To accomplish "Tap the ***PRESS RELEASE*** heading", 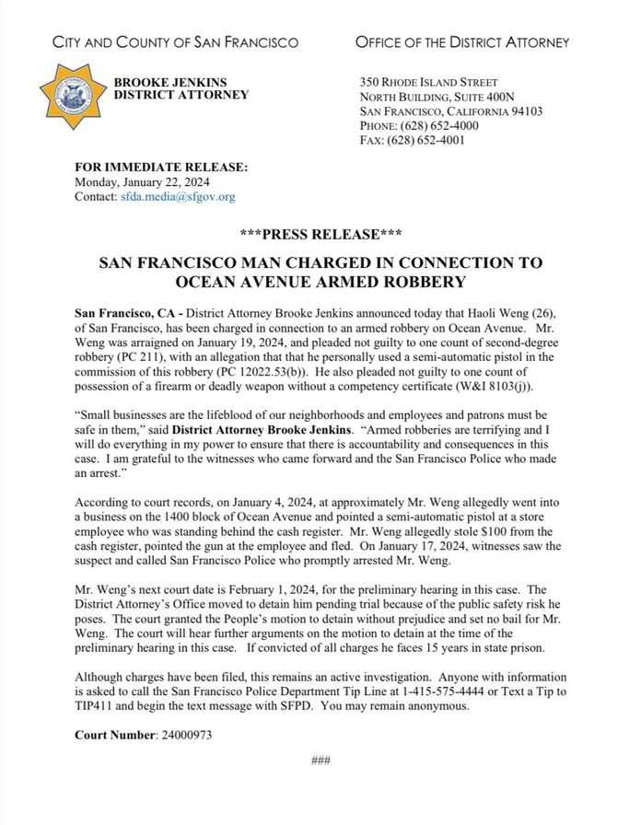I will [x=320, y=234].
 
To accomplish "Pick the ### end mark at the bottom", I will [x=320, y=760].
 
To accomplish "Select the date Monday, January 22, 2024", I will [x=134, y=181].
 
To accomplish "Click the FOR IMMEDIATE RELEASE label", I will [x=161, y=167].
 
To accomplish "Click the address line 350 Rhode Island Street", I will [x=429, y=82].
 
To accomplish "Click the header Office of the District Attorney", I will [x=461, y=42].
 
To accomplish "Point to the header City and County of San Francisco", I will [x=175, y=42].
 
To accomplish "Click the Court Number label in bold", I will [x=114, y=736].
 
